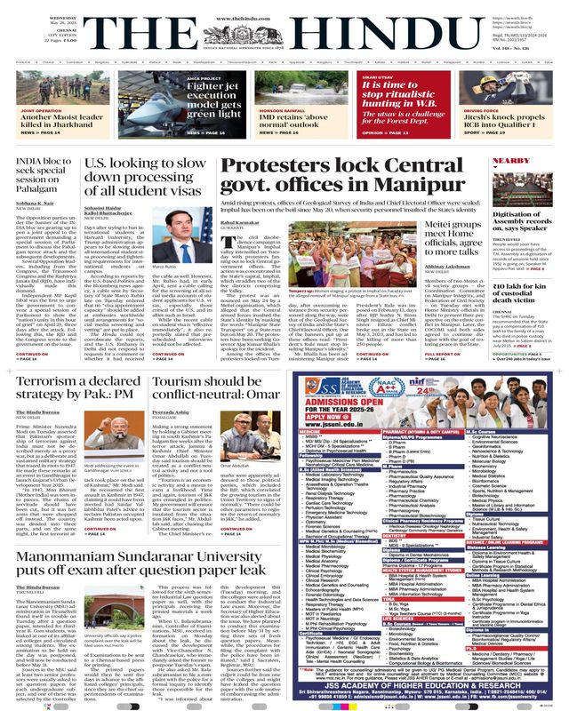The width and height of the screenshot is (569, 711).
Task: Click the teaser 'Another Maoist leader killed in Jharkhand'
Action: click(67, 121)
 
